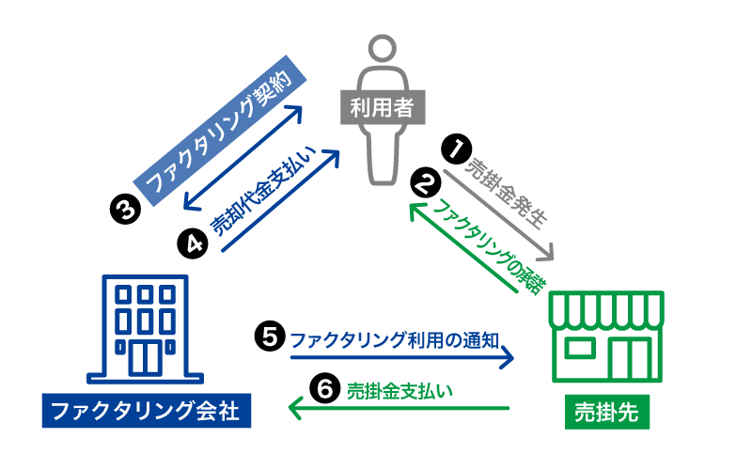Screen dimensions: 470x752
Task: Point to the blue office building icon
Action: (x=146, y=329)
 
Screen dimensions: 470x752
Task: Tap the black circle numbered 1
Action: (x=457, y=148)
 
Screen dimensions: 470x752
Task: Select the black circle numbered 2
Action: (x=428, y=181)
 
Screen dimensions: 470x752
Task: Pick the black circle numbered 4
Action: (x=192, y=243)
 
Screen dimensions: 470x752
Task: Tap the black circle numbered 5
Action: (x=270, y=337)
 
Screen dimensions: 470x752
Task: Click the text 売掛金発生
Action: (x=507, y=193)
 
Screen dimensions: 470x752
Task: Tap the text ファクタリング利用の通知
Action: (x=400, y=337)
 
